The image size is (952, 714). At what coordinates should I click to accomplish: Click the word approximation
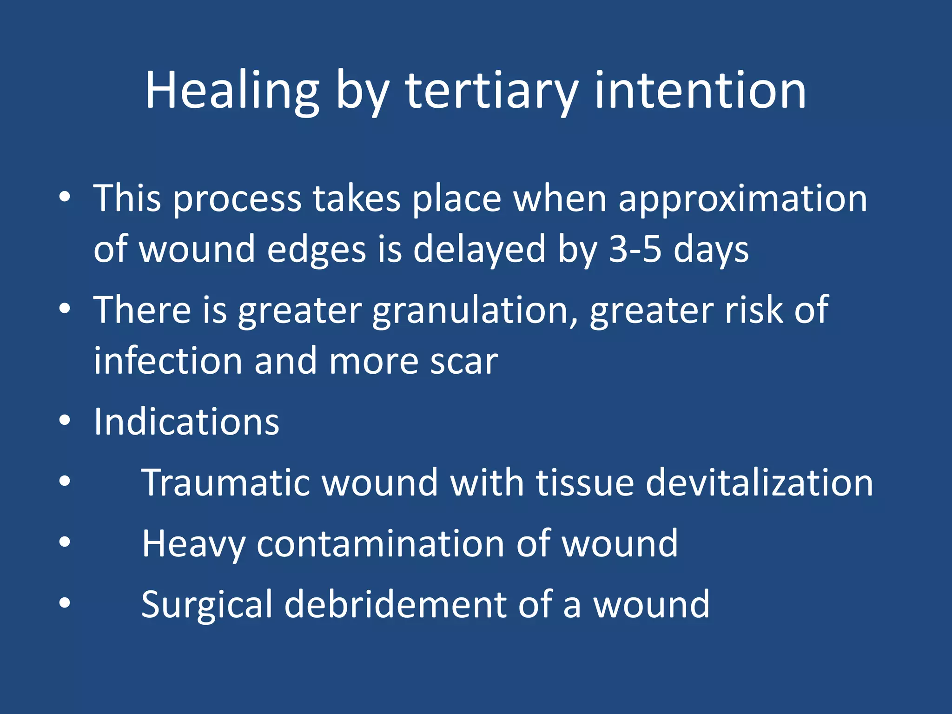click(x=742, y=199)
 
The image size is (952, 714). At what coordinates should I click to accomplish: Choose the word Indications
click(x=186, y=422)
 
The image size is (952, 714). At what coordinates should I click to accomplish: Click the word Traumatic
click(x=225, y=483)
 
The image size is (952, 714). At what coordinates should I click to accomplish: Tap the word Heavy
click(x=193, y=544)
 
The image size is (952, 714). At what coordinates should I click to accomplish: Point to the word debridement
click(x=395, y=604)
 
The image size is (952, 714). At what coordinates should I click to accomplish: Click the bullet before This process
click(x=65, y=197)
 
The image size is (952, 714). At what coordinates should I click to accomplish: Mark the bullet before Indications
click(x=65, y=421)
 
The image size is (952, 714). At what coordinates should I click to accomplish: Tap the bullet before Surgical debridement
click(x=65, y=603)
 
